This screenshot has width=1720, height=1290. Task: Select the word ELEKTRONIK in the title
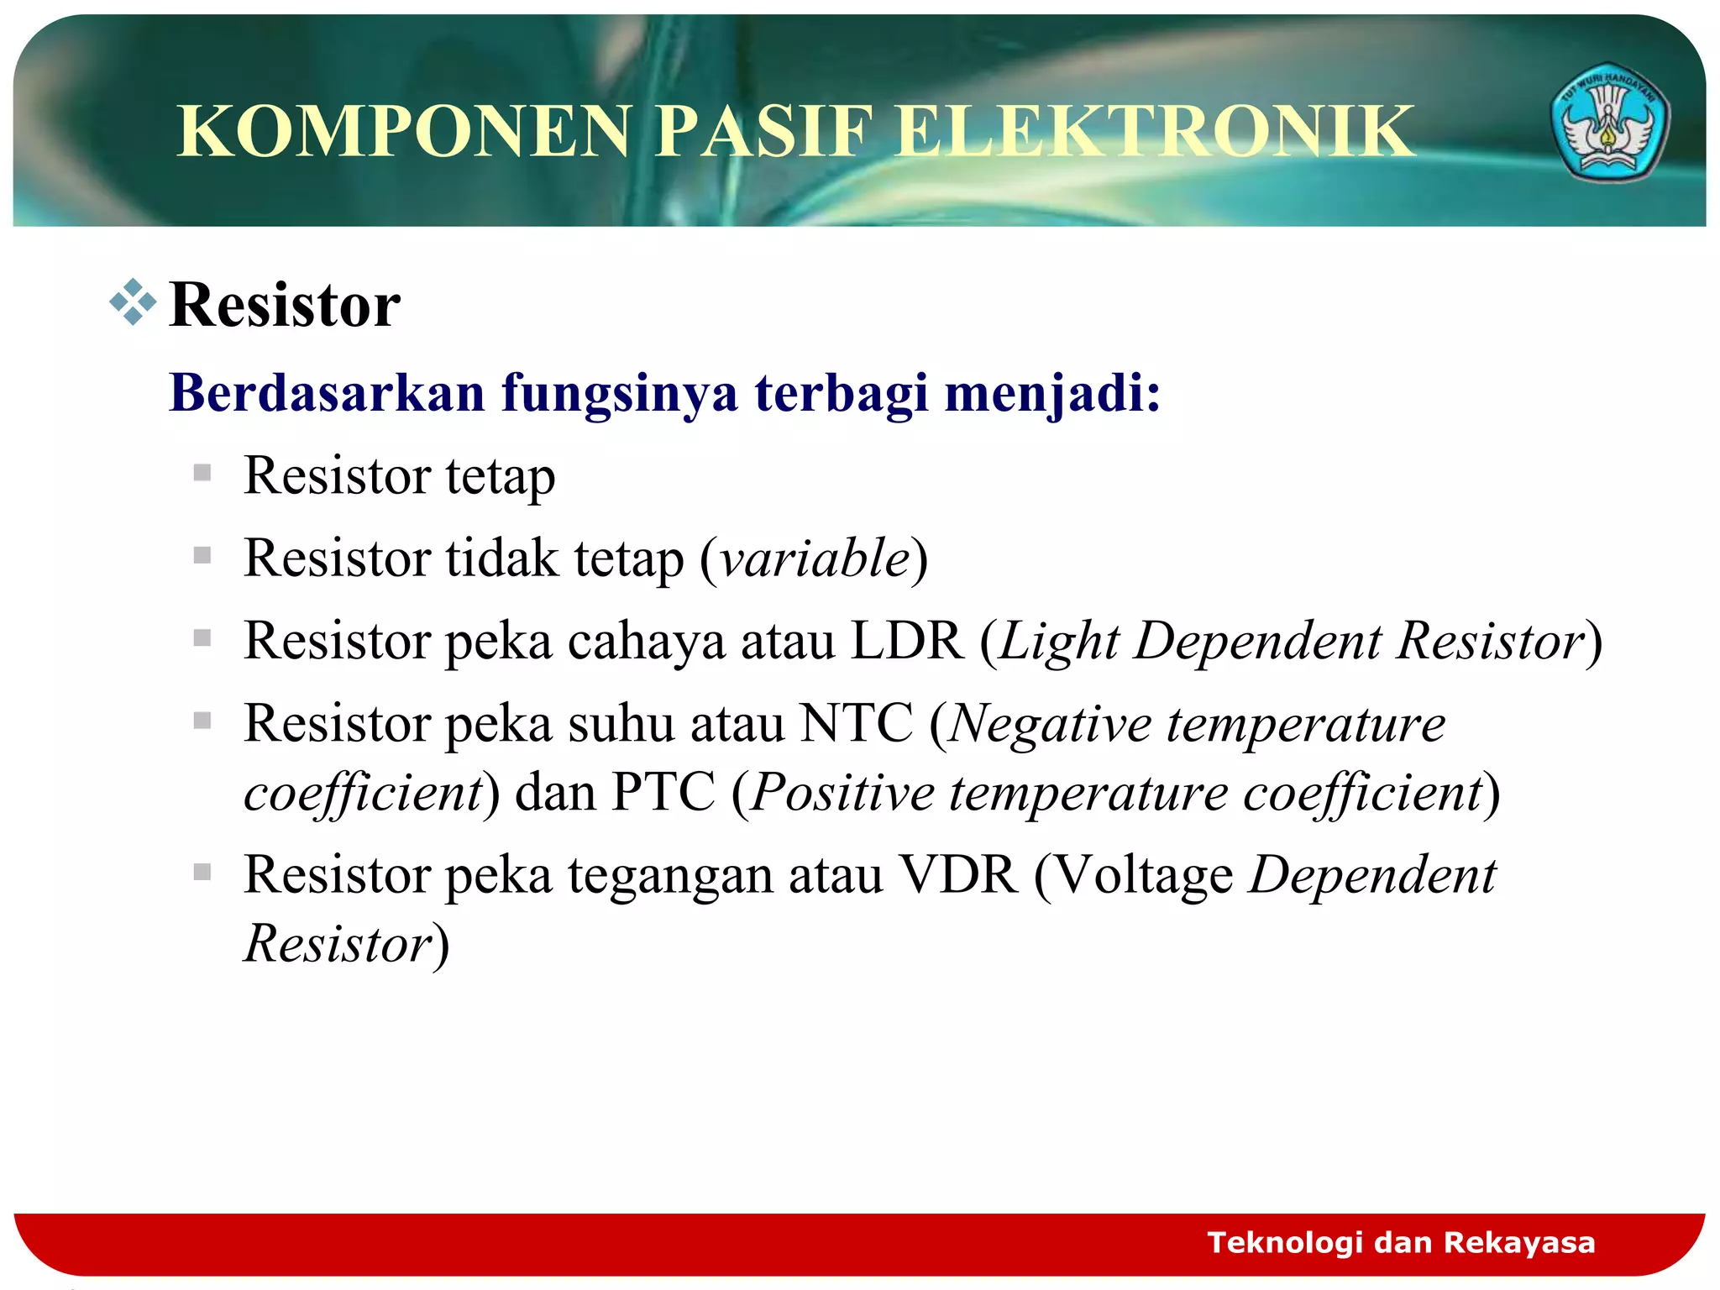point(1155,131)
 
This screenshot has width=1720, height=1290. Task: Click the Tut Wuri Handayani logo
point(1609,123)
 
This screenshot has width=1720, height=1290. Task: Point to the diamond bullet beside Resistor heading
point(133,302)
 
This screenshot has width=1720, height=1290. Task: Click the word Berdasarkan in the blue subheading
point(328,392)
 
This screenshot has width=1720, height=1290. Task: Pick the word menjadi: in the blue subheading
point(1052,392)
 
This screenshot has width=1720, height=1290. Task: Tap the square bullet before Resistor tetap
point(202,473)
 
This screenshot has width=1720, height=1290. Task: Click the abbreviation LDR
point(907,642)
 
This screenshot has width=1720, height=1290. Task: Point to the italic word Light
point(1059,642)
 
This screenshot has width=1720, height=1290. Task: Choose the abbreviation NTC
point(856,723)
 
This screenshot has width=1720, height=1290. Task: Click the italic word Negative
point(1050,723)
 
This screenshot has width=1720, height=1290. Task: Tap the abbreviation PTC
point(663,792)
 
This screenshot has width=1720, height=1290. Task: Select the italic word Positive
point(842,792)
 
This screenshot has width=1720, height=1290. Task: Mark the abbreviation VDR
point(958,875)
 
